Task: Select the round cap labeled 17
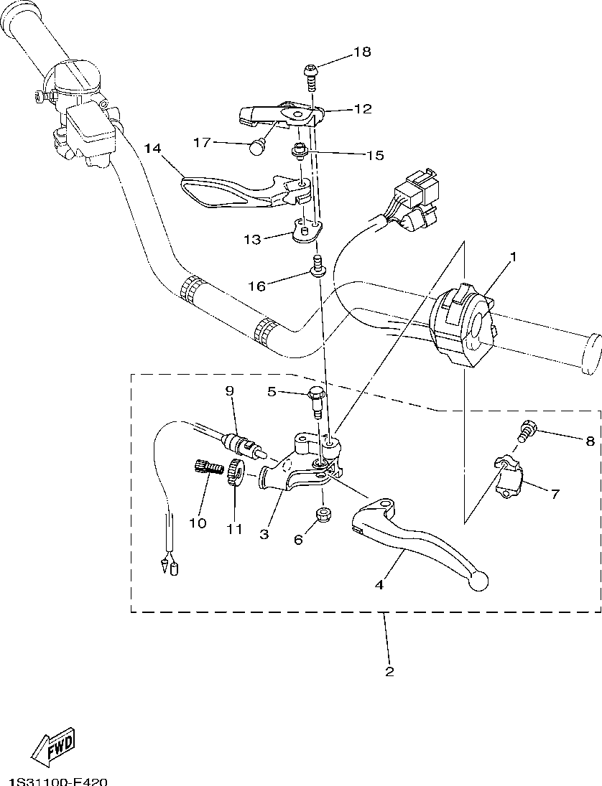tap(257, 146)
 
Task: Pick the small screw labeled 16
tap(317, 267)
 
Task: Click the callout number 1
tap(513, 256)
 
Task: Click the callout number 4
tap(379, 584)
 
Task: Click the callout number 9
tap(230, 391)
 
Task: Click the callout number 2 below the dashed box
tap(389, 672)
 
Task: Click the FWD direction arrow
tap(54, 748)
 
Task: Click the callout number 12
tap(363, 109)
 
